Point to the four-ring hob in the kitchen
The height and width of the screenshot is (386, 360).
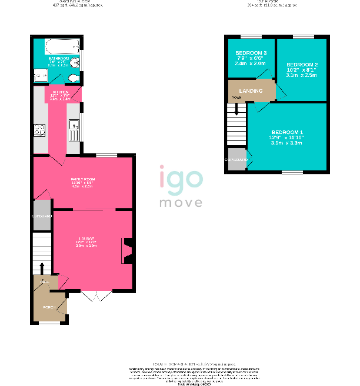[x=40, y=130]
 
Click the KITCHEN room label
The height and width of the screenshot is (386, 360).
[x=61, y=93]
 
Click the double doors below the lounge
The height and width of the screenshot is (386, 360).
[x=95, y=296]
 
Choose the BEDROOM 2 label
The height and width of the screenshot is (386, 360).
[x=302, y=64]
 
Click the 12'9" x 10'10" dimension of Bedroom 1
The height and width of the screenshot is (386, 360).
[x=286, y=137]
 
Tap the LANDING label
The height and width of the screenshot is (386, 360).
[x=251, y=90]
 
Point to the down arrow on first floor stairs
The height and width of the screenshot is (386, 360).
[x=236, y=109]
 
